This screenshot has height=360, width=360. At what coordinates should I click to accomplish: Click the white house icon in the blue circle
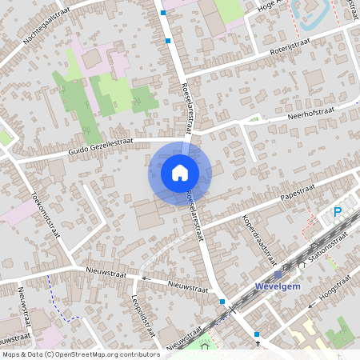179,172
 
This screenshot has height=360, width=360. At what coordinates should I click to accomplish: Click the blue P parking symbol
337,212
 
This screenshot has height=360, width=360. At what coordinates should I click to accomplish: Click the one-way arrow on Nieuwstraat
143,278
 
